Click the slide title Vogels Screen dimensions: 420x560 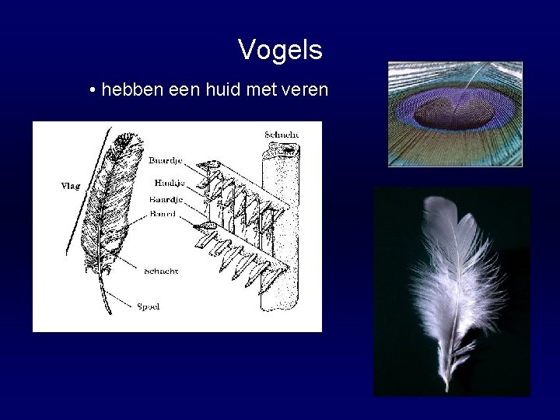[280, 51]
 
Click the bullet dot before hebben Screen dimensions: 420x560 [93, 92]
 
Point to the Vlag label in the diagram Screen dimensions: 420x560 [71, 186]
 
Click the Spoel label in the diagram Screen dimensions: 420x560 [149, 306]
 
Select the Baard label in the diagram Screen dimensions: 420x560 [163, 212]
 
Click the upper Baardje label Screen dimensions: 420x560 [165, 161]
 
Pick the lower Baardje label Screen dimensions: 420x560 [166, 199]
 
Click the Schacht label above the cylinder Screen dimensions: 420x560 [282, 135]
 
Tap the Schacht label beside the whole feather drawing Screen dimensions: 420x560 [161, 271]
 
